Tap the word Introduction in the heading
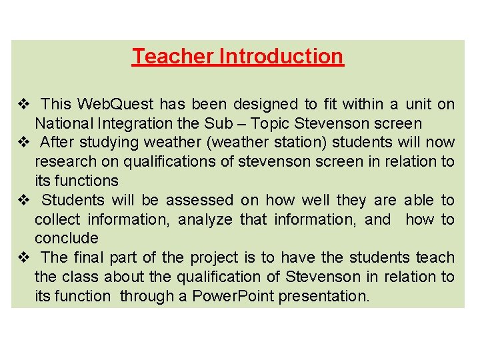tap(281, 56)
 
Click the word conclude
tap(66, 238)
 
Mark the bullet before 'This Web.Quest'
tap(22, 104)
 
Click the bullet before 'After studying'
tap(22, 143)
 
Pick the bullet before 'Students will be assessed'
tap(22, 200)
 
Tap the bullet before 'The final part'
tap(22, 257)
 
